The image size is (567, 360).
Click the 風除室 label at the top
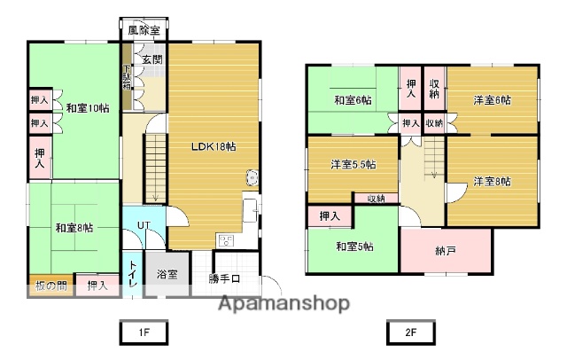pyautogui.click(x=143, y=30)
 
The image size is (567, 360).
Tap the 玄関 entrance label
pyautogui.click(x=151, y=60)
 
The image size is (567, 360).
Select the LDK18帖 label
pyautogui.click(x=214, y=147)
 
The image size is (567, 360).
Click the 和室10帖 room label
pyautogui.click(x=88, y=108)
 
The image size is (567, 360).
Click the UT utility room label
pyautogui.click(x=143, y=225)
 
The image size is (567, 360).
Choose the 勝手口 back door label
pyautogui.click(x=224, y=279)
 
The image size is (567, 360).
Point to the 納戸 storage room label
pyautogui.click(x=446, y=252)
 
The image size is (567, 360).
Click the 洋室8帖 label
pyautogui.click(x=493, y=182)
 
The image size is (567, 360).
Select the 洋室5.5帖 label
pyautogui.click(x=353, y=165)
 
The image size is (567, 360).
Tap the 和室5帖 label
pyautogui.click(x=353, y=247)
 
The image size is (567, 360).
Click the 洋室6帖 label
pyautogui.click(x=493, y=100)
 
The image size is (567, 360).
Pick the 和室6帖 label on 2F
pyautogui.click(x=352, y=100)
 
